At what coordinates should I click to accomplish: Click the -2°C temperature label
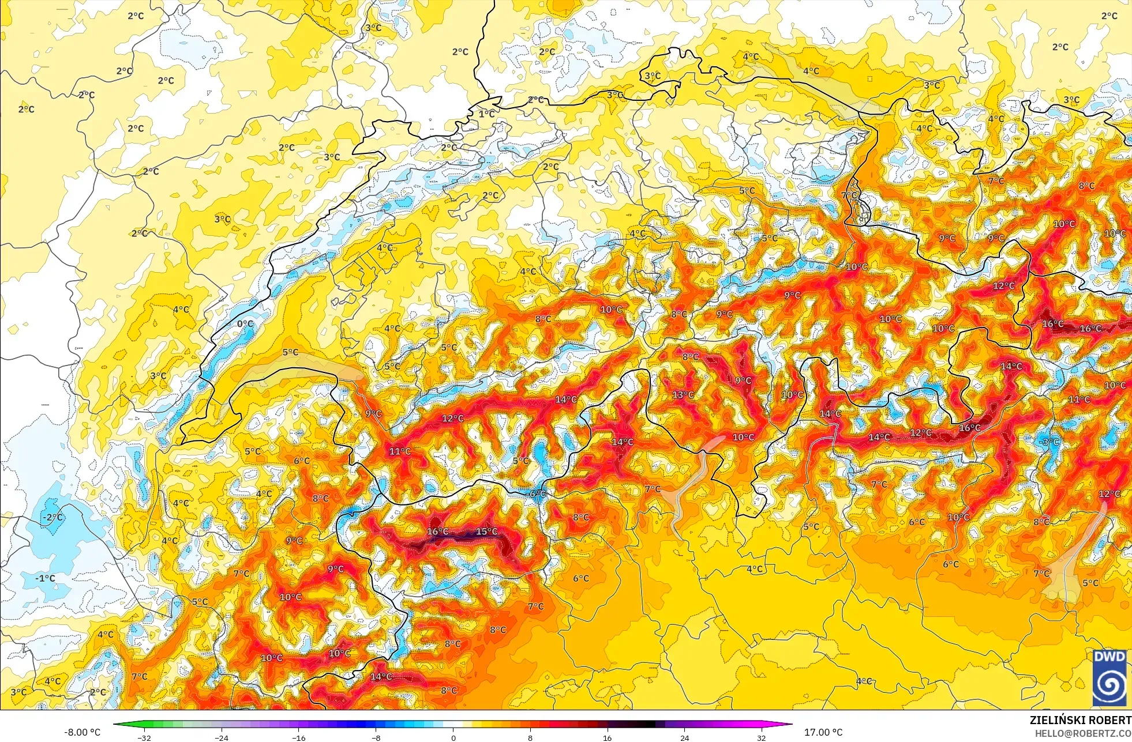pyautogui.click(x=52, y=517)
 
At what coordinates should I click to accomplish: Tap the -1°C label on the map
pyautogui.click(x=45, y=578)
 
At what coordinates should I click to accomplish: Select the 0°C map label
pyautogui.click(x=245, y=324)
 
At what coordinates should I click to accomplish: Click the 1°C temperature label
pyautogui.click(x=486, y=114)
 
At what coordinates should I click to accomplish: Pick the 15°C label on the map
pyautogui.click(x=486, y=532)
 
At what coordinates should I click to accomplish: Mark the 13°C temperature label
pyautogui.click(x=683, y=395)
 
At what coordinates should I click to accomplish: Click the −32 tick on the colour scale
pyautogui.click(x=144, y=737)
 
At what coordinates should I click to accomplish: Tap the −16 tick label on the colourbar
pyautogui.click(x=298, y=737)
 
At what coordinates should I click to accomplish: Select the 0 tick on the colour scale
pyautogui.click(x=453, y=737)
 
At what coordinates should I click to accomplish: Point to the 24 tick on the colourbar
pyautogui.click(x=684, y=737)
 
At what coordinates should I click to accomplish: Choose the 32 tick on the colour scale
pyautogui.click(x=762, y=737)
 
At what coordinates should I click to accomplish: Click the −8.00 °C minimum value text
pyautogui.click(x=82, y=732)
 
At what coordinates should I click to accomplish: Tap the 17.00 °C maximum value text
pyautogui.click(x=823, y=732)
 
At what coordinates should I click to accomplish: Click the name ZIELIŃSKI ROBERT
pyautogui.click(x=1080, y=720)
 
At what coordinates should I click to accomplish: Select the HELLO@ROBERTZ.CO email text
pyautogui.click(x=1082, y=733)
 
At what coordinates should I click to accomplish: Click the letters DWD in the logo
pyautogui.click(x=1109, y=657)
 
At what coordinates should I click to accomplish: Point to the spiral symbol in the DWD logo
pyautogui.click(x=1109, y=684)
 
